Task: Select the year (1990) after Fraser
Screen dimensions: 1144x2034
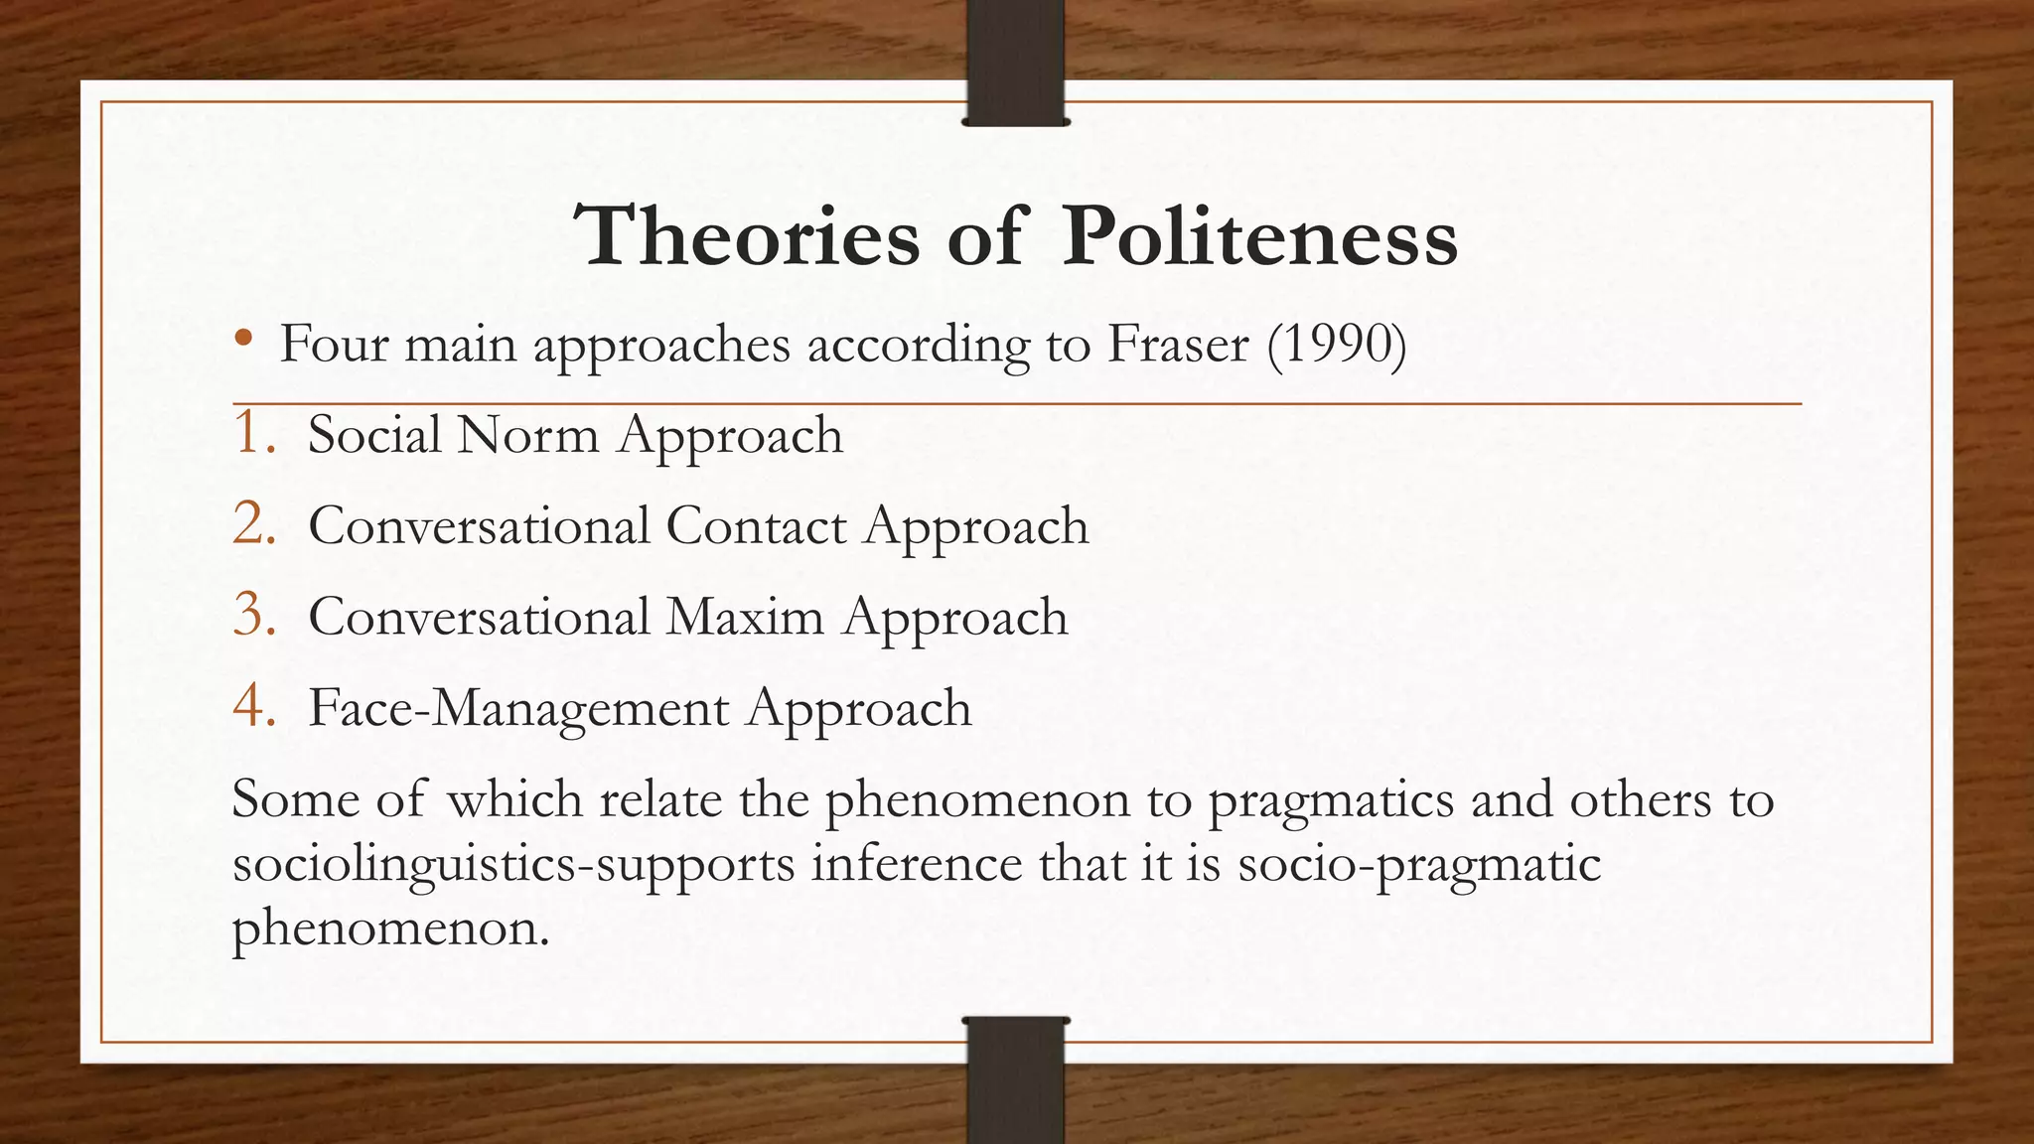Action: click(1337, 345)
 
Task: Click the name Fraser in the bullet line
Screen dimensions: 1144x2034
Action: click(1178, 345)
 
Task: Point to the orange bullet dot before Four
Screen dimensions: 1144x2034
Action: click(243, 341)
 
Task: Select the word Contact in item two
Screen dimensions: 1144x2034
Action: click(756, 526)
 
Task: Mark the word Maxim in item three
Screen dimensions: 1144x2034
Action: click(745, 617)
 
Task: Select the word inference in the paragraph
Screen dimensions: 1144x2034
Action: click(916, 862)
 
